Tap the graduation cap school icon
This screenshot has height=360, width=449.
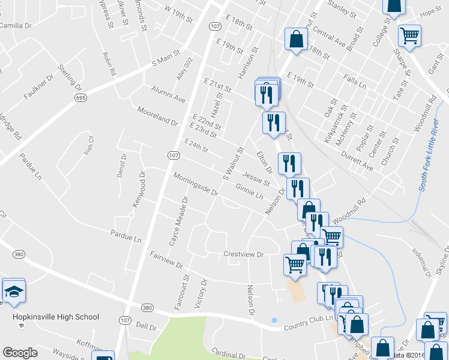tap(13, 292)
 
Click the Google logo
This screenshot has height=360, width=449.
tap(20, 353)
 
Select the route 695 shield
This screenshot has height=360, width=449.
tap(80, 97)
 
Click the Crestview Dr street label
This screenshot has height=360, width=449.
tap(244, 254)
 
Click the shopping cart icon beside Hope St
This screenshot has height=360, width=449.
tap(410, 35)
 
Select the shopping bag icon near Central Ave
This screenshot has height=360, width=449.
tap(296, 40)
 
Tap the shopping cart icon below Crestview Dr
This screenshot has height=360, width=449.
tap(295, 264)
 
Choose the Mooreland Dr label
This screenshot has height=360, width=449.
tap(157, 116)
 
